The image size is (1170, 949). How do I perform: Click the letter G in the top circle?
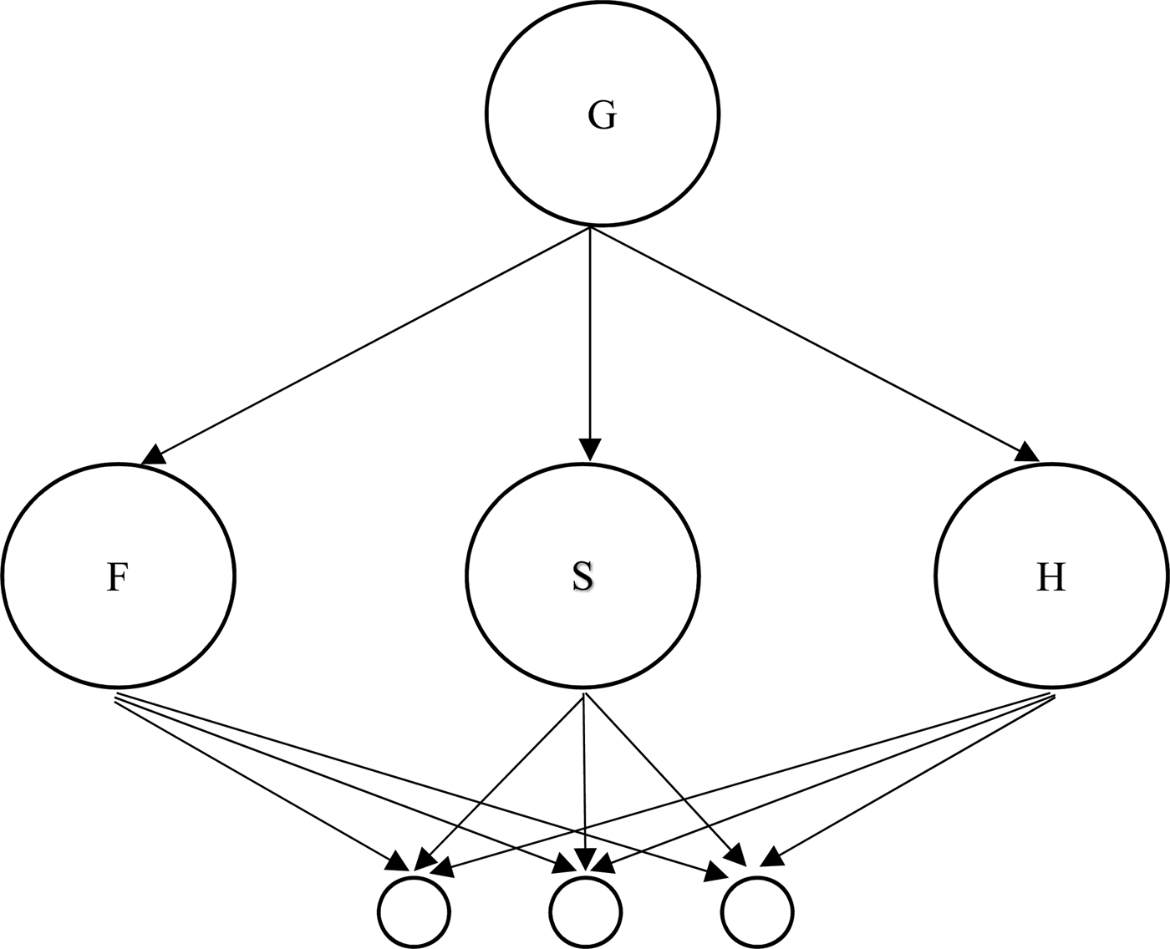(602, 115)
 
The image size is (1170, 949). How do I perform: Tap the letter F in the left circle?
(117, 577)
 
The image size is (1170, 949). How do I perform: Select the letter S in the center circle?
(583, 577)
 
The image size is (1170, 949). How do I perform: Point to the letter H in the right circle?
(1050, 577)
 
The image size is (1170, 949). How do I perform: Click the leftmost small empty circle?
(414, 911)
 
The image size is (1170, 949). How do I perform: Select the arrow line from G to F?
(368, 343)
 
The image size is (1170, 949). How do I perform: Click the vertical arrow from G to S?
(590, 334)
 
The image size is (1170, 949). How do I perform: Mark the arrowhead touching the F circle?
(153, 454)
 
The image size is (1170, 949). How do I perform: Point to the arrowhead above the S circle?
(590, 449)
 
